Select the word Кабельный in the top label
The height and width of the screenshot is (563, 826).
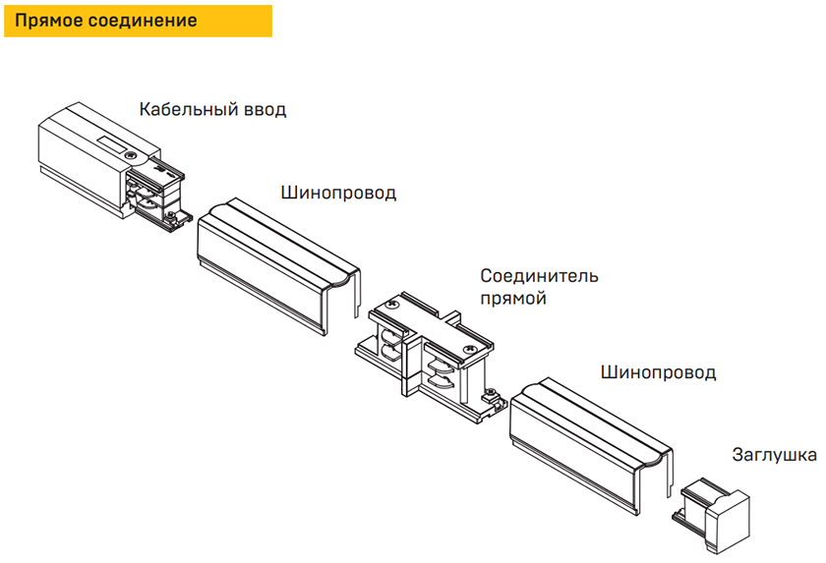186,109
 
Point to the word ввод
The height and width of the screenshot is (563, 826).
263,109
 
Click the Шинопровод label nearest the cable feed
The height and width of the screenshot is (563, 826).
337,192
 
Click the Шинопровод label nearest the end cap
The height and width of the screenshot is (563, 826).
657,373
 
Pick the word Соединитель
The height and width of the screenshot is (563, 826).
539,276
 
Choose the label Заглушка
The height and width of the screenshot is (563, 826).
774,455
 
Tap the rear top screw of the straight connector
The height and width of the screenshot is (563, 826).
392,306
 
